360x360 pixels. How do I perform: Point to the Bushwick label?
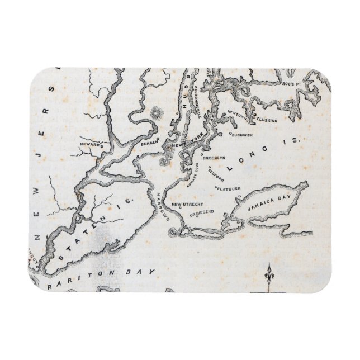(x=244, y=134)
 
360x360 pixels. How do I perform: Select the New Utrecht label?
(x=186, y=205)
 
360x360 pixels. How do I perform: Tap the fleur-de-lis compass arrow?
(x=269, y=276)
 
